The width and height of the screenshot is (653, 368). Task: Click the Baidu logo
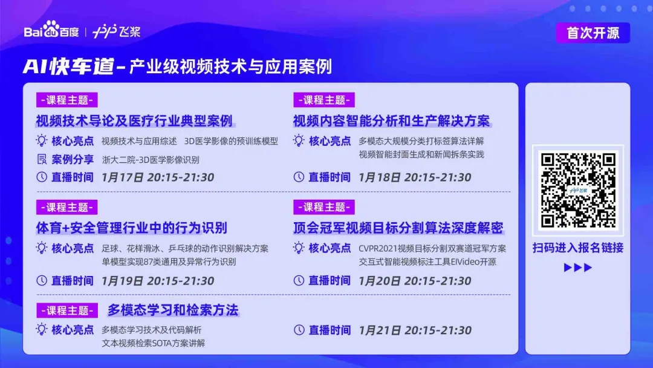click(51, 30)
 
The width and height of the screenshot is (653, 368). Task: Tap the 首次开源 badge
click(593, 33)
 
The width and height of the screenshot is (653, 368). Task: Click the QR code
click(577, 189)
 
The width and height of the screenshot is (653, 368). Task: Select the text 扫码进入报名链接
click(577, 248)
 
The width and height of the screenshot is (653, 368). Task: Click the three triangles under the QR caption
click(577, 268)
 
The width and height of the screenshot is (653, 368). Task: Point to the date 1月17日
click(123, 177)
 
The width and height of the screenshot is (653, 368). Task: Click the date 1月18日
click(380, 177)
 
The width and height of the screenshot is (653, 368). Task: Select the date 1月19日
click(123, 281)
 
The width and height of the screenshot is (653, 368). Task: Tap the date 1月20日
click(380, 281)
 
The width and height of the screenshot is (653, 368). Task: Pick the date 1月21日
click(380, 330)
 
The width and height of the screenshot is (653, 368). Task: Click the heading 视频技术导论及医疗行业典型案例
click(134, 120)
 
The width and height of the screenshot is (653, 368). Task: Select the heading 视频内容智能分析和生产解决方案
click(391, 120)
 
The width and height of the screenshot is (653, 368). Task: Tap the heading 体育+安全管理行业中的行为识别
click(131, 228)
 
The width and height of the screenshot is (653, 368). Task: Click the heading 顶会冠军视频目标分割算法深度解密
click(398, 228)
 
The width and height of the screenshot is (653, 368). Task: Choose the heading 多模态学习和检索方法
click(173, 310)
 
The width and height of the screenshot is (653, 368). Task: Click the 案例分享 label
click(73, 159)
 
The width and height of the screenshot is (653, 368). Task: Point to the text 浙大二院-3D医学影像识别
click(151, 160)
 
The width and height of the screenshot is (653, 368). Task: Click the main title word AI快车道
click(68, 66)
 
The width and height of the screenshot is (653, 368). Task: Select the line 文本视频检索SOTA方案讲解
click(153, 343)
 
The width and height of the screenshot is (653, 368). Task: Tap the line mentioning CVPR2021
click(432, 248)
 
